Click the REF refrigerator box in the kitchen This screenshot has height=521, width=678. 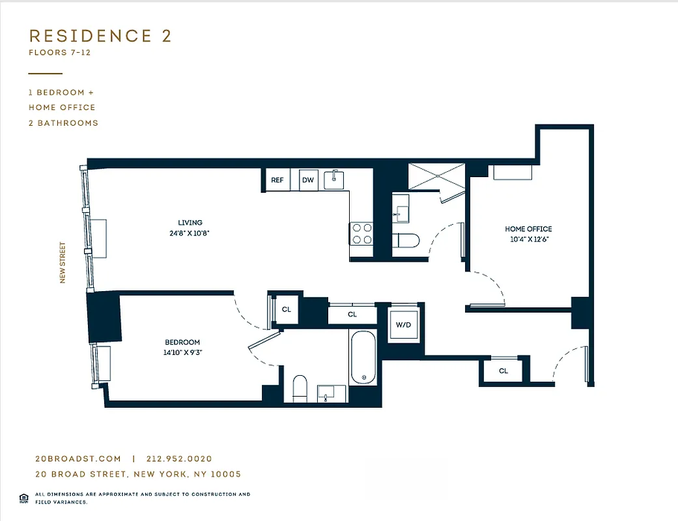[277, 180]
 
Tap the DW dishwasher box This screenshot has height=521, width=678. [308, 180]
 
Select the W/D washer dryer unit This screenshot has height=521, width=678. [404, 324]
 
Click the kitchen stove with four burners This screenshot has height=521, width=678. [361, 234]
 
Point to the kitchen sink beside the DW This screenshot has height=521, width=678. [335, 179]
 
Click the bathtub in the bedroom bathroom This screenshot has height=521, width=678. [363, 358]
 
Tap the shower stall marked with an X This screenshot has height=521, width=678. [436, 176]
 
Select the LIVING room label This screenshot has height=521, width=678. [190, 223]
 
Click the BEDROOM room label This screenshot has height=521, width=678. [182, 343]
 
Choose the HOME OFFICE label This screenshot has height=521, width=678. [528, 229]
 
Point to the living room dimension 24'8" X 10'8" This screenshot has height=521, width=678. [190, 232]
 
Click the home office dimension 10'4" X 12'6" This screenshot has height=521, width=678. [528, 239]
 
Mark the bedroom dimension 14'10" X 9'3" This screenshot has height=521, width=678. [182, 352]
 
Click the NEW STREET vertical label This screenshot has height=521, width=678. [63, 262]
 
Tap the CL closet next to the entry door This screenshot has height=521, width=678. [503, 371]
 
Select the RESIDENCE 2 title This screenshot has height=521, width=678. [100, 36]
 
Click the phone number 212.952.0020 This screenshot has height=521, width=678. [180, 459]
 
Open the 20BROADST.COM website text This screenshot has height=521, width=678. [78, 459]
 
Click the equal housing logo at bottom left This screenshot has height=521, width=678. [24, 498]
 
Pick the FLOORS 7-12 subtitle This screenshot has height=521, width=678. [59, 53]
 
